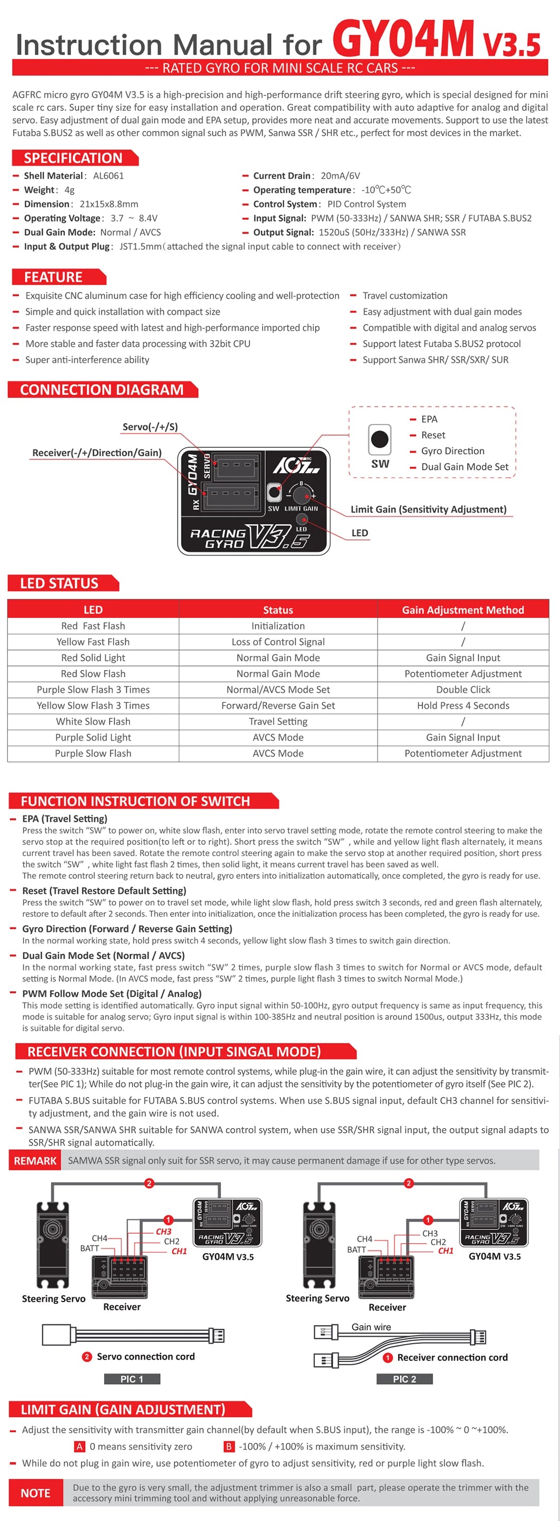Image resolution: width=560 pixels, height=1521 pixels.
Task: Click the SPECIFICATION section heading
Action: [73, 158]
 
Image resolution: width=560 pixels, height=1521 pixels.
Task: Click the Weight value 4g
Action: [69, 190]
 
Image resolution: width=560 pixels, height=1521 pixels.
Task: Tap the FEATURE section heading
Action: [53, 277]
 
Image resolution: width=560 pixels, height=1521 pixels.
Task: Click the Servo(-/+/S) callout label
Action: [150, 427]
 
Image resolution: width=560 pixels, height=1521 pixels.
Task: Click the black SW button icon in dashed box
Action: [379, 439]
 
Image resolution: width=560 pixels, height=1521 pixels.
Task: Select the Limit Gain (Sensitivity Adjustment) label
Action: [428, 510]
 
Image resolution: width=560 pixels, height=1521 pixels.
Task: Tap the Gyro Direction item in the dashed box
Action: [452, 450]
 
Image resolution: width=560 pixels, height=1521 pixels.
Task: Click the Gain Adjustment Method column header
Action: [463, 610]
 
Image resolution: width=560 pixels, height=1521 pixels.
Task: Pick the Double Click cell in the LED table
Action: [463, 690]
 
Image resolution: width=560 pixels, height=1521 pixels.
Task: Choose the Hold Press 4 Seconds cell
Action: [463, 706]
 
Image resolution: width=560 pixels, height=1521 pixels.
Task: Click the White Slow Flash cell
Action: [94, 721]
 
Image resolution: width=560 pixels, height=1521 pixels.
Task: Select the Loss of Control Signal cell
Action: [278, 642]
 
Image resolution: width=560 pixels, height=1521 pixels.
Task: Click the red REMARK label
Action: [35, 1161]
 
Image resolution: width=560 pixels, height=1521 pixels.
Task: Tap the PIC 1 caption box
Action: [132, 1379]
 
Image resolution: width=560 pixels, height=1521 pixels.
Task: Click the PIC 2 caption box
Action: [405, 1379]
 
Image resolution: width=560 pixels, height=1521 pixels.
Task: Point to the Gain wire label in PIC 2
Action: [371, 1327]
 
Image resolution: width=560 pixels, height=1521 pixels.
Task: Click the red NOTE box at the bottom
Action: [35, 1492]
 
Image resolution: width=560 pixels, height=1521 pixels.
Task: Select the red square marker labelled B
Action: [229, 1447]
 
